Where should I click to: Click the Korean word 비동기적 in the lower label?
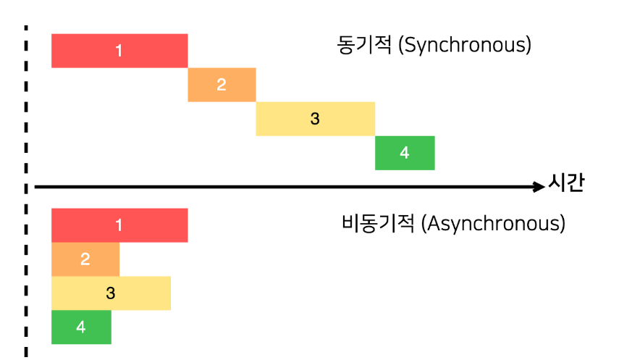[379, 223]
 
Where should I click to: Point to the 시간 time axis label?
[566, 184]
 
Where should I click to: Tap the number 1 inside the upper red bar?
[119, 51]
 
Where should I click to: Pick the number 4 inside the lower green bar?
[80, 327]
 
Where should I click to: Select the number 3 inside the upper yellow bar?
[314, 119]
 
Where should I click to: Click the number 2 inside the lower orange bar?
[85, 259]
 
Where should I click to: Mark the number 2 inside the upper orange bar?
[221, 85]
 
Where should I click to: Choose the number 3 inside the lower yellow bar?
[110, 293]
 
